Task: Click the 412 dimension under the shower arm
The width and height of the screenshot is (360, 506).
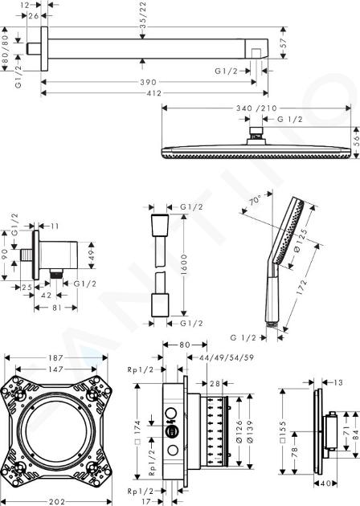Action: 154,93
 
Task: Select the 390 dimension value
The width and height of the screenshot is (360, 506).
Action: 148,82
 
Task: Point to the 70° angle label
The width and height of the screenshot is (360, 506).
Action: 255,202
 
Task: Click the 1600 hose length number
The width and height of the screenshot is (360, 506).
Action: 184,264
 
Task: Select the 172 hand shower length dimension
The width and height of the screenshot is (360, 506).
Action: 301,288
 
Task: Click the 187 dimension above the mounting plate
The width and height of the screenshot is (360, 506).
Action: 55,358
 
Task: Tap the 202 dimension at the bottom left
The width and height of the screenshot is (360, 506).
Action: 56,501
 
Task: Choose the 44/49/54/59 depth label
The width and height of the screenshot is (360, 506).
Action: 227,357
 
